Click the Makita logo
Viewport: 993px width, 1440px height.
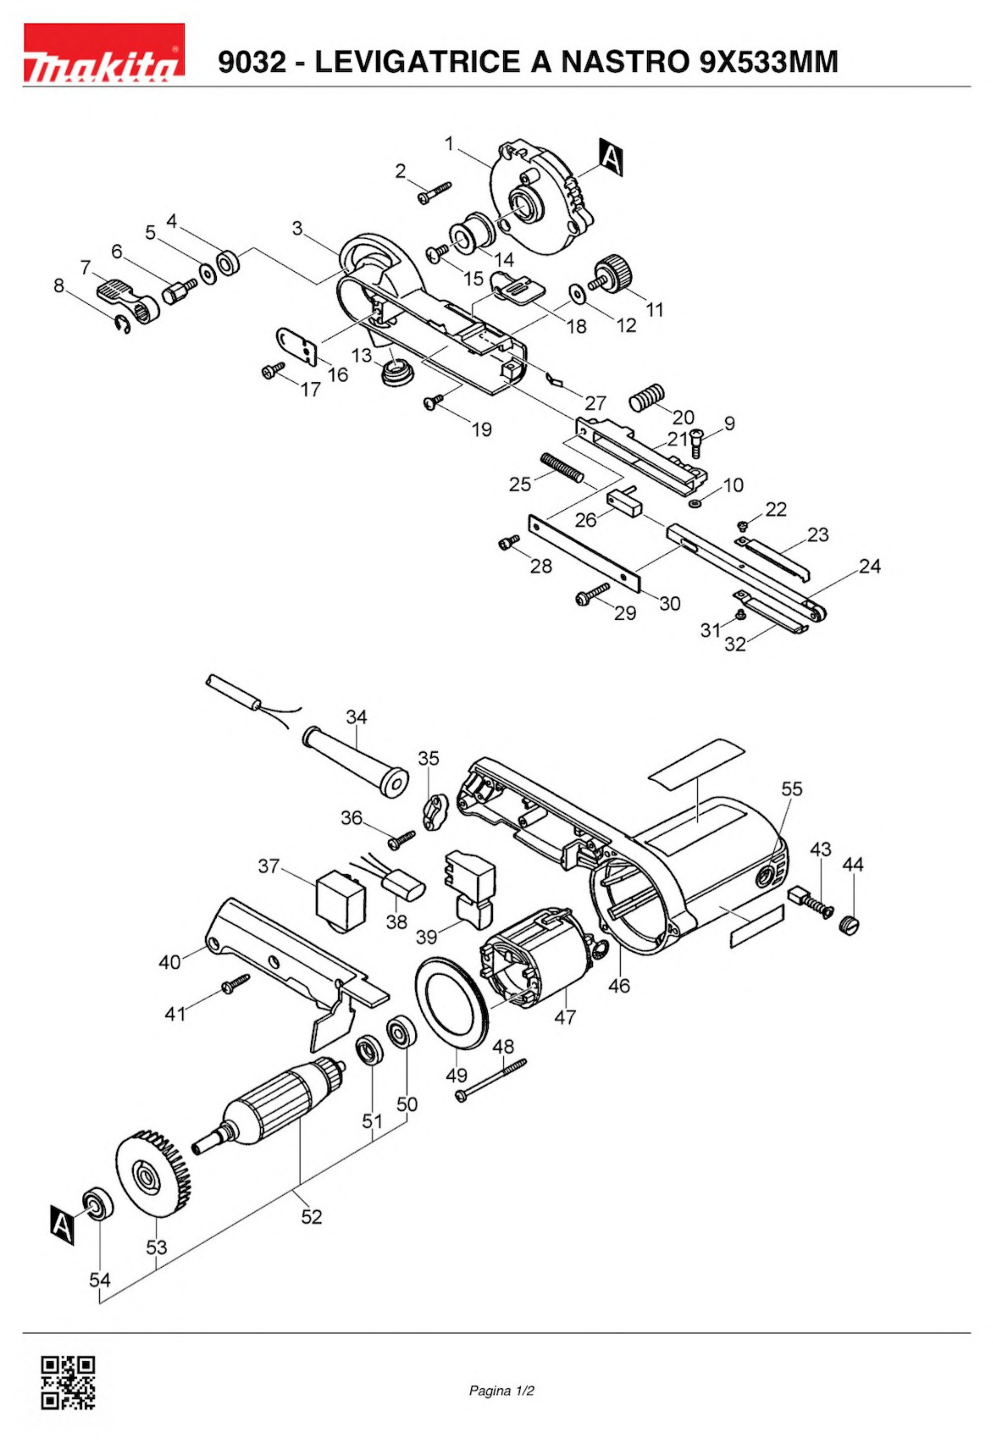coord(104,53)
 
